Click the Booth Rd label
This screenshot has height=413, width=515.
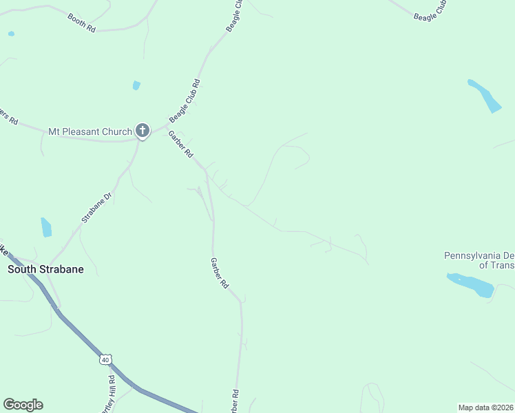[81, 21]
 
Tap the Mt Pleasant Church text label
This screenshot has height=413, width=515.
[90, 131]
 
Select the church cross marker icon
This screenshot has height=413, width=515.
[143, 130]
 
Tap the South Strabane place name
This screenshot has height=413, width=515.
[45, 269]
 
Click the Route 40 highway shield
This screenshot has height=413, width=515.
[105, 359]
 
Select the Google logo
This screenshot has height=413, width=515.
[23, 405]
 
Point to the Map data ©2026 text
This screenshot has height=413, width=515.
[485, 407]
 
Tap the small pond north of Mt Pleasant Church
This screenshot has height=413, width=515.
[136, 85]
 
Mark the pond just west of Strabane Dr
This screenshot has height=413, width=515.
[46, 227]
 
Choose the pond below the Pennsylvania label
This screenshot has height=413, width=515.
[471, 284]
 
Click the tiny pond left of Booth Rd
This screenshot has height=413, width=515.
[11, 33]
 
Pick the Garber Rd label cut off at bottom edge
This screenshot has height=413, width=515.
[235, 402]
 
